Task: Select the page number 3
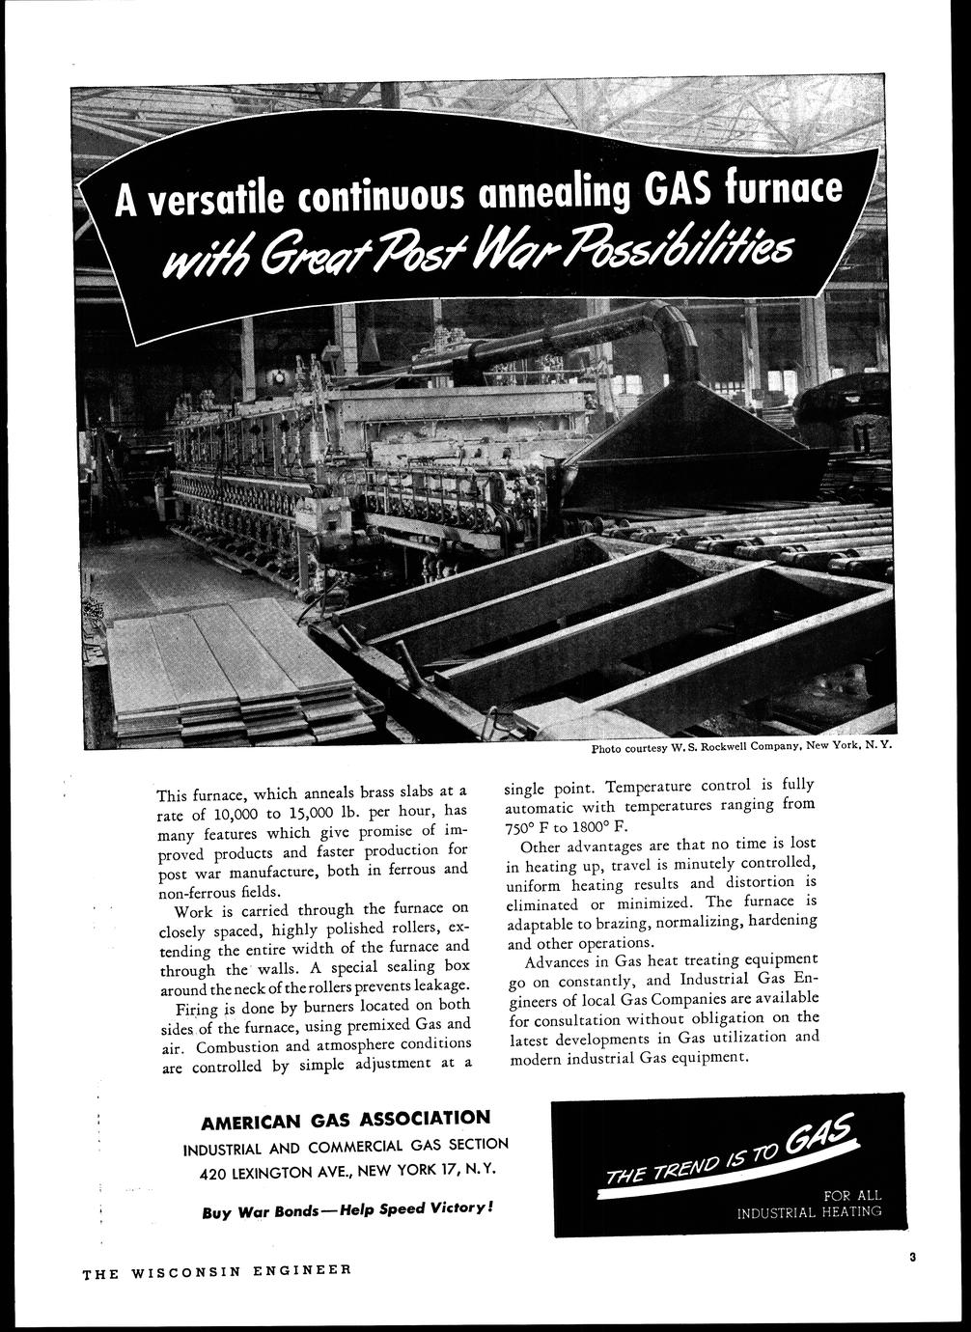click(911, 1256)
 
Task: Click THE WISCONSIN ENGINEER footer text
click(216, 1272)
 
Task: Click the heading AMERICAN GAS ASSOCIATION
click(346, 1120)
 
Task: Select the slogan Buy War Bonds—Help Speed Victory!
click(348, 1209)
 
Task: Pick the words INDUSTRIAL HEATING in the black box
click(809, 1211)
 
